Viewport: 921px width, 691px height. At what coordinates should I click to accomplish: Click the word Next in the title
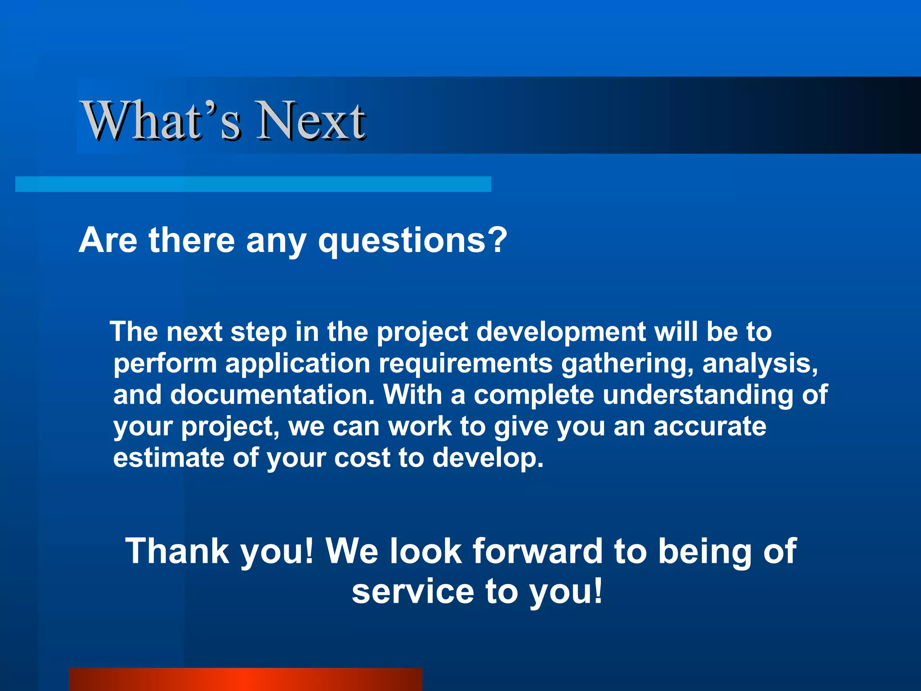(310, 121)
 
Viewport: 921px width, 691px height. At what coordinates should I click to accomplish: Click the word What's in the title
(162, 121)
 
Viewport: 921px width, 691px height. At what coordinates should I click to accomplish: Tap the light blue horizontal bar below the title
(253, 184)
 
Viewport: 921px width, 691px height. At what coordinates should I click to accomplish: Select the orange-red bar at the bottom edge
(245, 679)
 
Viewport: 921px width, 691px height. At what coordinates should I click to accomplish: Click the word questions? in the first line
(412, 241)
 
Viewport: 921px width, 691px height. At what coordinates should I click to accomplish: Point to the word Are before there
(108, 240)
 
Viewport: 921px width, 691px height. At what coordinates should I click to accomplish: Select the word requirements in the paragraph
(465, 363)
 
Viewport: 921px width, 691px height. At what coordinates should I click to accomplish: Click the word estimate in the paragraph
(169, 458)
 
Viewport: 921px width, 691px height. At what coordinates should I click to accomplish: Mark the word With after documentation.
(412, 395)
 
